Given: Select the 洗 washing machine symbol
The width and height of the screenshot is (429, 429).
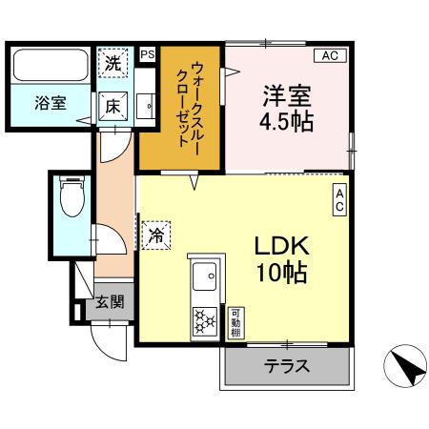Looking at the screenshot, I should (113, 66).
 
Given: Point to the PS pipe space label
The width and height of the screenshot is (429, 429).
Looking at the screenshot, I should (147, 55).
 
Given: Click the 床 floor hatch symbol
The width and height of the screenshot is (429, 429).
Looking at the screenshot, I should (112, 105).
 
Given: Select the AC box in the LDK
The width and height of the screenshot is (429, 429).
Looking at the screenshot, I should (338, 198).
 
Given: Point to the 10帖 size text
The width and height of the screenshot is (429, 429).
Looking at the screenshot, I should (279, 273).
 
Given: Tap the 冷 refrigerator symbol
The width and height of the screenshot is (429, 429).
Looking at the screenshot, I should (156, 235).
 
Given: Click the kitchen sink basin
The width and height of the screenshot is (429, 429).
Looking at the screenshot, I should (204, 278).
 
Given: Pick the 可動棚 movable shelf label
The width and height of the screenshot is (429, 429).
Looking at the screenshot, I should (235, 323).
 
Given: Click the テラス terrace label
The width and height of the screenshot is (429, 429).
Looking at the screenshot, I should (286, 366).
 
